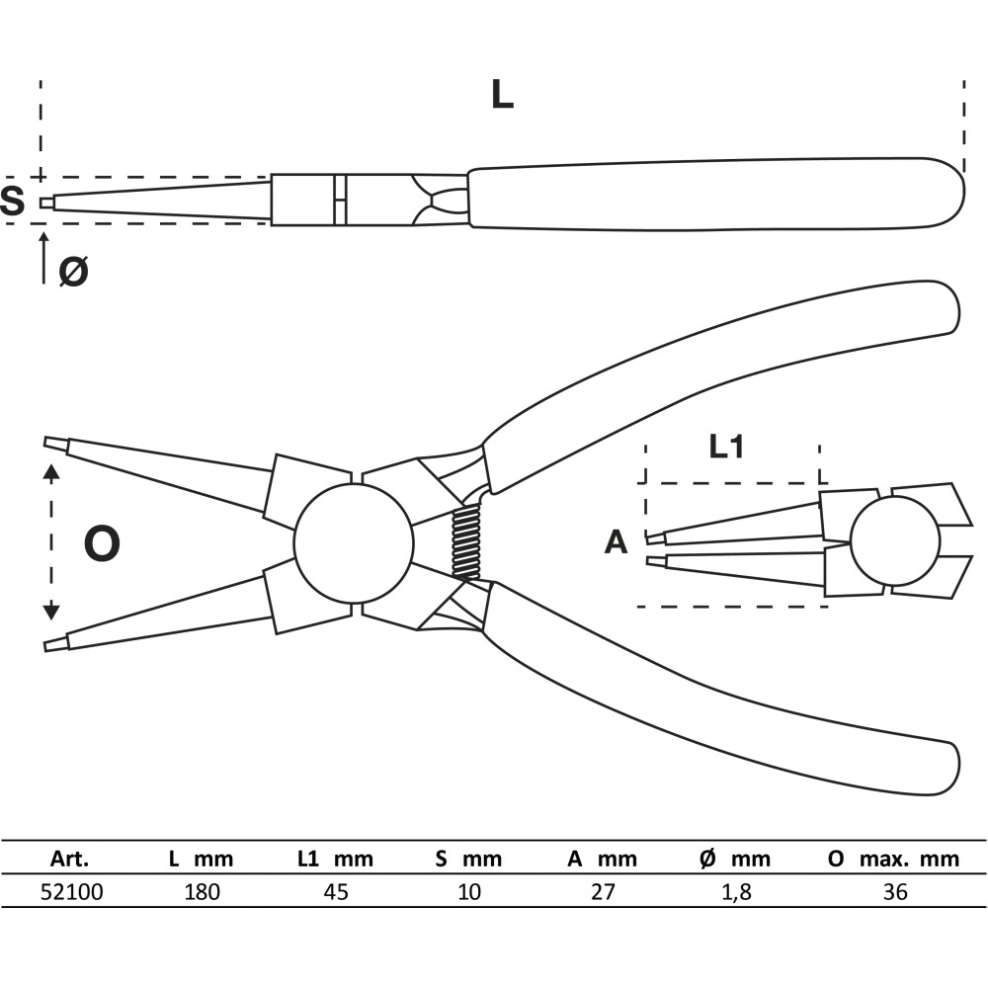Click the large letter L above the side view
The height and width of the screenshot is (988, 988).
click(x=503, y=94)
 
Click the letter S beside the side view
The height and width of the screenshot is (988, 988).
click(x=13, y=202)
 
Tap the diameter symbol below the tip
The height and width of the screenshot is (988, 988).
click(x=72, y=270)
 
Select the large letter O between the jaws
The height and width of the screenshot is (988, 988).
click(x=101, y=544)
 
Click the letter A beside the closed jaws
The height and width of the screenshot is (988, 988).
click(x=616, y=542)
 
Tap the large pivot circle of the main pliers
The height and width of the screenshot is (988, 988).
click(x=354, y=542)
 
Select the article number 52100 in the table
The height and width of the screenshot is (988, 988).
click(x=72, y=892)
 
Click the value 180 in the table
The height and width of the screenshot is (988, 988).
click(x=202, y=892)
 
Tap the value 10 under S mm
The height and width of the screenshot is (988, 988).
click(x=469, y=892)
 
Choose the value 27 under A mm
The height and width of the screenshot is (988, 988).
click(x=603, y=892)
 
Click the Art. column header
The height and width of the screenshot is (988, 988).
click(x=72, y=859)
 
